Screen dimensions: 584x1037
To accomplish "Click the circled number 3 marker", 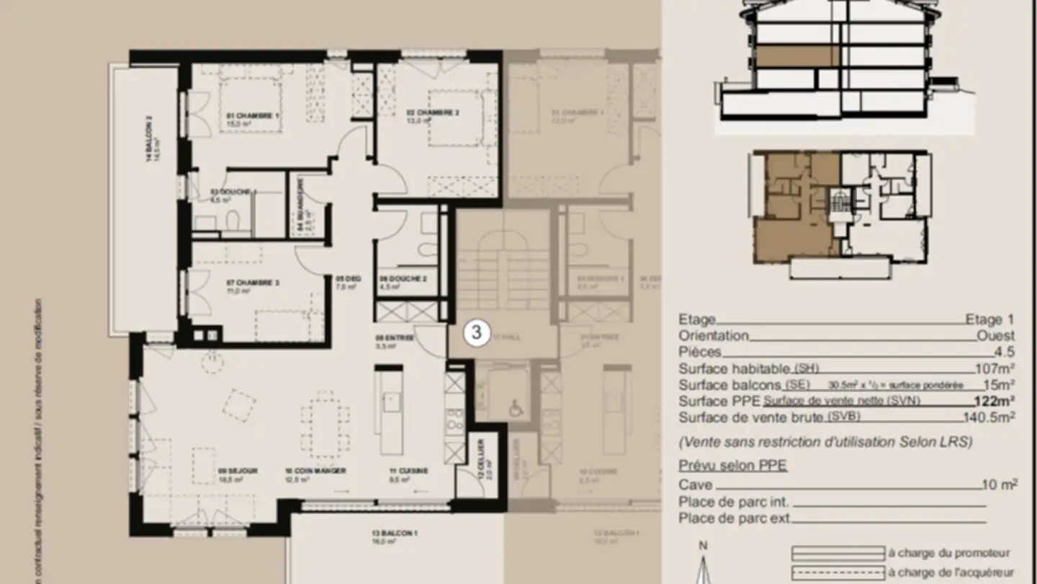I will tap(476, 332).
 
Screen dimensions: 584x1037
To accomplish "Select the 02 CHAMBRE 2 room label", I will tap(432, 112).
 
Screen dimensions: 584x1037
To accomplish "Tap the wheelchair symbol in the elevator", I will tap(516, 408).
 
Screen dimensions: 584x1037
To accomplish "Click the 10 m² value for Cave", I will tap(1000, 485).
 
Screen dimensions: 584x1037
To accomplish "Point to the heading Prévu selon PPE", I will tap(732, 466).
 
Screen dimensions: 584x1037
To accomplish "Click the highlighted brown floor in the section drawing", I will tap(796, 56).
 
